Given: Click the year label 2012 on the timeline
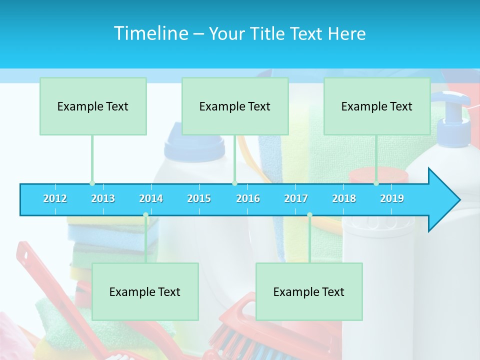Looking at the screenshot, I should point(55,198).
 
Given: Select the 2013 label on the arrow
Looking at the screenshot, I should point(103,198).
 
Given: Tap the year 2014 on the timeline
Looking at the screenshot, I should point(151,198).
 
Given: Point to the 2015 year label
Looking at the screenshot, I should point(199,198).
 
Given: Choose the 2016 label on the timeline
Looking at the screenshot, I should point(248,198).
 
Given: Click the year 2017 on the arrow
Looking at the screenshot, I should point(296,198).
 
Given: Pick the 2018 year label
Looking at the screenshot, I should point(344,198).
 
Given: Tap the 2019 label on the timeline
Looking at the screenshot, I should point(392,198).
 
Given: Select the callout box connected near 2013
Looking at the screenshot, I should point(93,106).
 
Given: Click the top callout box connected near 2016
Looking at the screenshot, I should point(235,106).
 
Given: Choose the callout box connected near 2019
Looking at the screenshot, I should point(377,106).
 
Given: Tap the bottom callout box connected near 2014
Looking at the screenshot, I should point(145,291).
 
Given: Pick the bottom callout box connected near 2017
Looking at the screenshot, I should point(309,291).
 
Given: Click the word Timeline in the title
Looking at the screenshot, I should point(150,33).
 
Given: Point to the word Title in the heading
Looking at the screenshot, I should point(268,34).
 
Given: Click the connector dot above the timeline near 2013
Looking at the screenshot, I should point(92,183).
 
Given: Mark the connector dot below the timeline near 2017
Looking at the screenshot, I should point(309,214).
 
